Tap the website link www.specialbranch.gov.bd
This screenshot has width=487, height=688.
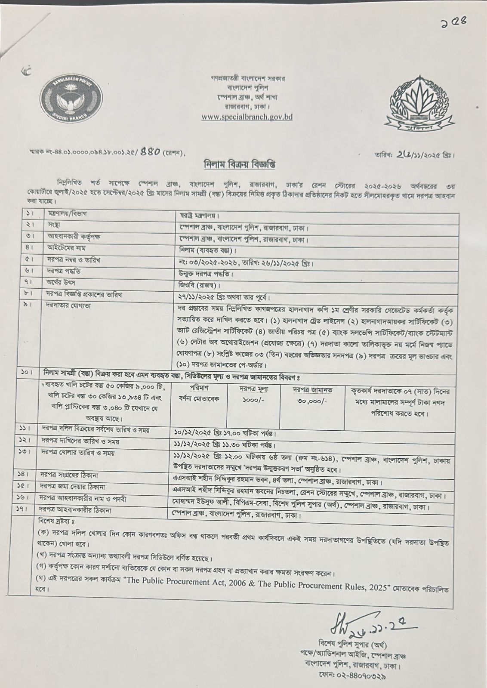pos(247,117)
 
